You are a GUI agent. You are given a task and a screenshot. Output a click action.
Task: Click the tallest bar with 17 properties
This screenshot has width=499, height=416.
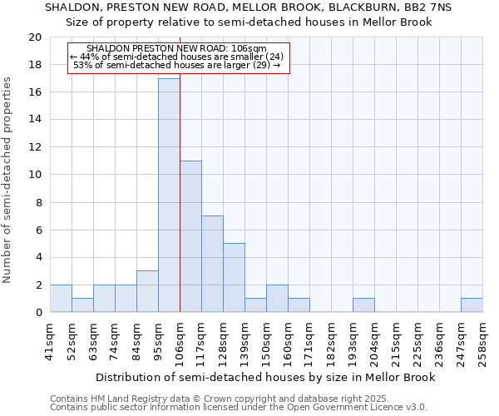point(169,196)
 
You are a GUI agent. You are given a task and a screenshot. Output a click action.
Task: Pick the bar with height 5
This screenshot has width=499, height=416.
point(234,278)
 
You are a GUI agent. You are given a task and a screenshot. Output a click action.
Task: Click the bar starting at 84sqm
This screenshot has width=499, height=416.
point(147,292)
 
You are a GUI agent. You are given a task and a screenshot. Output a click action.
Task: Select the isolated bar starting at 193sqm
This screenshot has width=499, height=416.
point(363,305)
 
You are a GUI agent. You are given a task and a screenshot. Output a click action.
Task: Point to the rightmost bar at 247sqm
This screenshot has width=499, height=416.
point(472,305)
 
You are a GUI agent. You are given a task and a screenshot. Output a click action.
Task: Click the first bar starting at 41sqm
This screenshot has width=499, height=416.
point(61,299)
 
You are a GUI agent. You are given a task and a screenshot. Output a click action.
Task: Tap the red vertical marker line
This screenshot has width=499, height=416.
point(180,183)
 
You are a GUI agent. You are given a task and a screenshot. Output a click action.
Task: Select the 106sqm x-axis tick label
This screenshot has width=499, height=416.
point(180,344)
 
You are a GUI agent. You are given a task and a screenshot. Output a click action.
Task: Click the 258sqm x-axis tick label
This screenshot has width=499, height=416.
point(482,344)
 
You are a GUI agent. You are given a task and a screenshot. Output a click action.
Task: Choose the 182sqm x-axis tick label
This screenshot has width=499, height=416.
point(331,344)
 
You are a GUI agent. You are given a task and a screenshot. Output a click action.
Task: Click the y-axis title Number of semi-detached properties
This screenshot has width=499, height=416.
point(8,179)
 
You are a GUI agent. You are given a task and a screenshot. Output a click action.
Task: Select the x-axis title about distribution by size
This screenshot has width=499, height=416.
point(266,378)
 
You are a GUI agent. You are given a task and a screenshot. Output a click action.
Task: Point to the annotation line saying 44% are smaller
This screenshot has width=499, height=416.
point(178,57)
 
